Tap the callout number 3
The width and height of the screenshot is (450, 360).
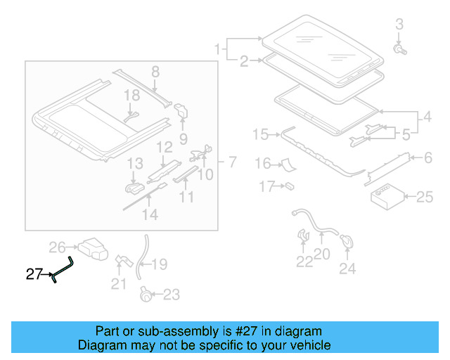click(x=399, y=25)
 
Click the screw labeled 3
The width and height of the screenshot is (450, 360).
click(x=400, y=50)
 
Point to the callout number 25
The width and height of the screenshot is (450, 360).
click(x=425, y=197)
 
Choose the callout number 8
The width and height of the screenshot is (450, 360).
click(x=155, y=71)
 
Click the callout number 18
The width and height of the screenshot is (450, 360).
click(x=132, y=95)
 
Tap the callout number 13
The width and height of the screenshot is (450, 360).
click(x=135, y=164)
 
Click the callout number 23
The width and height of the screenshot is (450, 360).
click(x=171, y=295)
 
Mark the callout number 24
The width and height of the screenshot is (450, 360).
click(x=347, y=268)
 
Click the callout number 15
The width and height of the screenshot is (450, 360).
click(x=260, y=134)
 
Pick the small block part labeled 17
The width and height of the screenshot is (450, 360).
click(x=289, y=187)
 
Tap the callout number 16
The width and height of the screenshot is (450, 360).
click(x=262, y=164)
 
